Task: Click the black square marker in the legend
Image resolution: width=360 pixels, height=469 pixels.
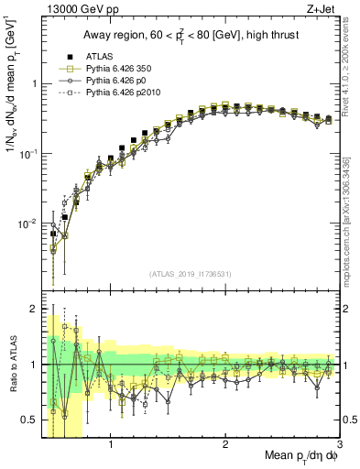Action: tap(65, 56)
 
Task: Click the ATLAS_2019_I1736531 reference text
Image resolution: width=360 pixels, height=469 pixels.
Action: tap(190, 274)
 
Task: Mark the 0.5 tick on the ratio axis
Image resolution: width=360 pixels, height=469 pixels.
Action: tap(29, 420)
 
